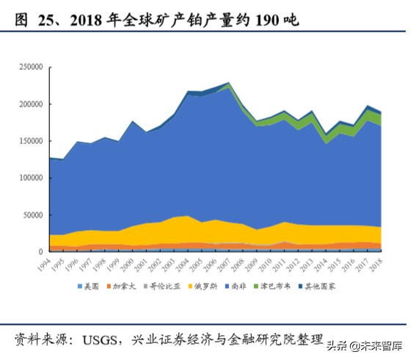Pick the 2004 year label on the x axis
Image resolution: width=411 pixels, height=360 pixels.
[x=186, y=263]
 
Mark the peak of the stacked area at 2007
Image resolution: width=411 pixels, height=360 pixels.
[x=228, y=83]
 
